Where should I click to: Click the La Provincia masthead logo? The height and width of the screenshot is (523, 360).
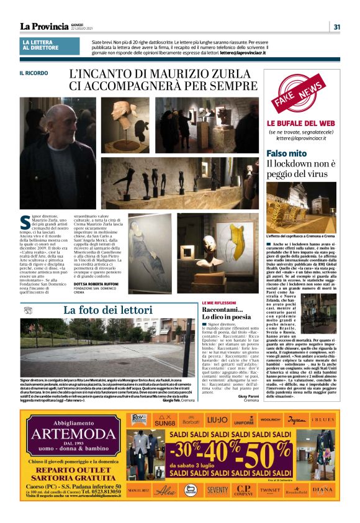click(44, 26)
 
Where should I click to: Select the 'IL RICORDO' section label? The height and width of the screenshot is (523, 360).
click(33, 73)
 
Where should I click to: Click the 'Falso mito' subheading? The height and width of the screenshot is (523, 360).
click(286, 153)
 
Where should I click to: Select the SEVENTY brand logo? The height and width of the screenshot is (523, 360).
click(217, 489)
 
